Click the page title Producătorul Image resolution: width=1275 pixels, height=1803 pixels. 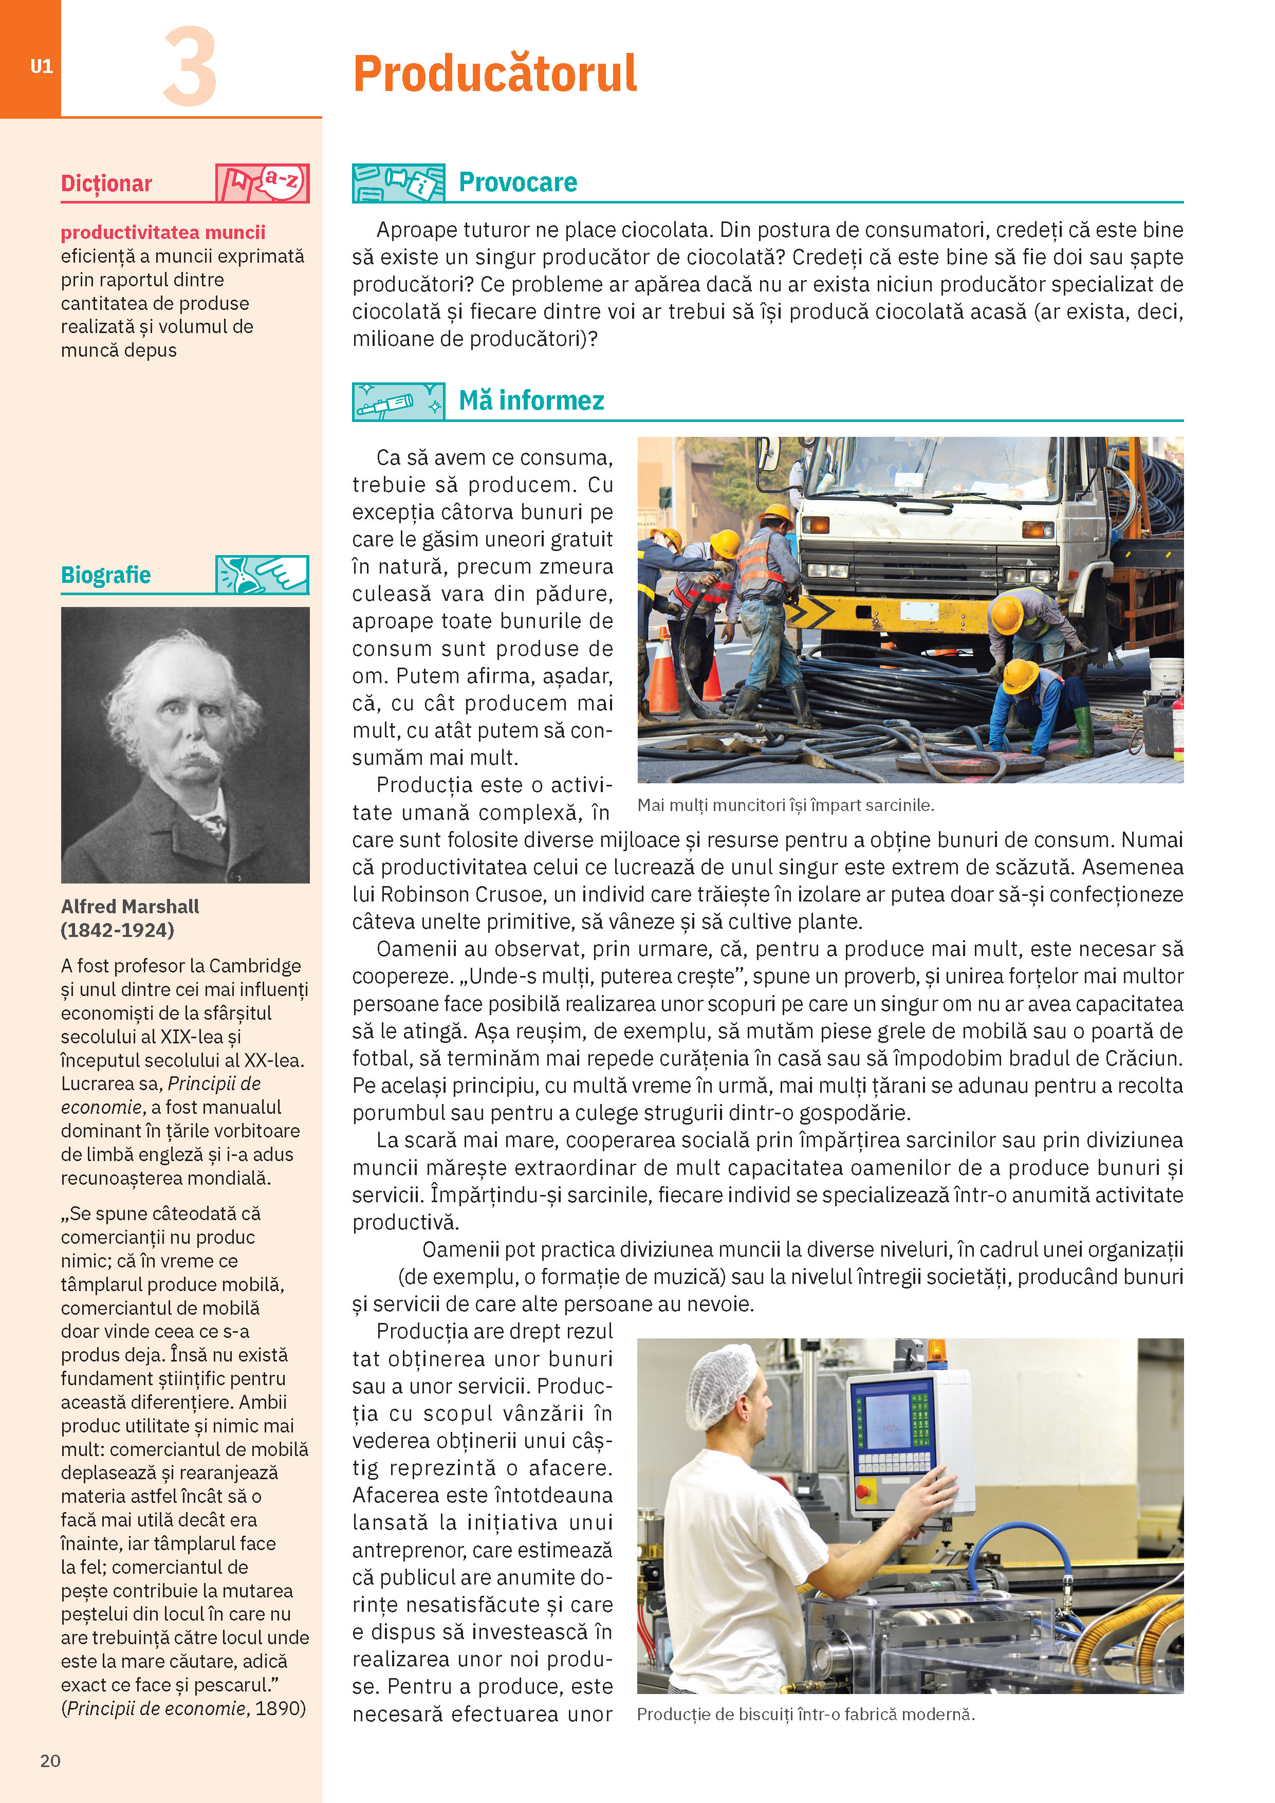pyautogui.click(x=494, y=74)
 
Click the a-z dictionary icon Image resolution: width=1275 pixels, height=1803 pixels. pyautogui.click(x=263, y=183)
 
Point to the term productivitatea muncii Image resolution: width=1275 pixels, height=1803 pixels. pyautogui.click(x=163, y=232)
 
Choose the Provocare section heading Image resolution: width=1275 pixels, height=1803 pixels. pyautogui.click(x=518, y=182)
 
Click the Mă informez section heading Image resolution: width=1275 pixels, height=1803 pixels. pyautogui.click(x=531, y=400)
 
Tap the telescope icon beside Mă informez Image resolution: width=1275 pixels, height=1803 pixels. pyautogui.click(x=398, y=402)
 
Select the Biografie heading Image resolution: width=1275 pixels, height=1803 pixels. pyautogui.click(x=106, y=575)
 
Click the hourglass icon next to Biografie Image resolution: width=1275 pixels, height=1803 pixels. pyautogui.click(x=262, y=575)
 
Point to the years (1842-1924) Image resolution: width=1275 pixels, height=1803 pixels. pyautogui.click(x=118, y=930)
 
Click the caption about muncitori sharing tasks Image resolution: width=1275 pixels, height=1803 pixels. pyautogui.click(x=785, y=805)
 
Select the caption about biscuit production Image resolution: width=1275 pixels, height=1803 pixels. pyautogui.click(x=805, y=1714)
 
